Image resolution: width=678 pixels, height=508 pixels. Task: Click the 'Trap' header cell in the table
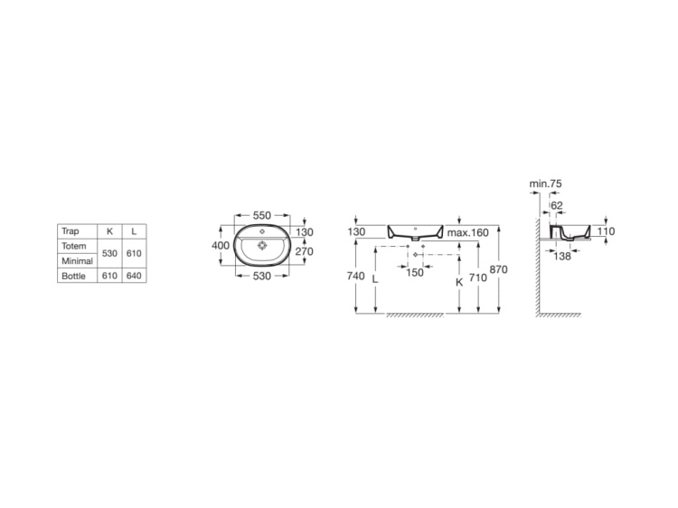tap(71, 231)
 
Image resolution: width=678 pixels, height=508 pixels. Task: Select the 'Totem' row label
tap(72, 246)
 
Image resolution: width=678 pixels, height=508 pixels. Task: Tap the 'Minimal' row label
tap(76, 261)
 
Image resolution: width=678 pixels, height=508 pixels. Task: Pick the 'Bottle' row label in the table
tap(73, 276)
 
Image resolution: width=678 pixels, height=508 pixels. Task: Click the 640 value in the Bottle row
tap(133, 276)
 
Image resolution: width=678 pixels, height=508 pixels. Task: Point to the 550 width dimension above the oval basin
tap(261, 215)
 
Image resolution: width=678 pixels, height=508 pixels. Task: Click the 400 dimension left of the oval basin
tap(220, 245)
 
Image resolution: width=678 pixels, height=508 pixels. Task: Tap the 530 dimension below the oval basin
tap(261, 275)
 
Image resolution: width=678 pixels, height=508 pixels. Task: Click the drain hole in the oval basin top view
tap(261, 243)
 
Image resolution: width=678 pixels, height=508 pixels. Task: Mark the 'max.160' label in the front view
tap(467, 233)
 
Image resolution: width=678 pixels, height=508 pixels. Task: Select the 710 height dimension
tap(478, 278)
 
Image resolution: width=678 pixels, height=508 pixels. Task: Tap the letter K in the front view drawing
tap(459, 281)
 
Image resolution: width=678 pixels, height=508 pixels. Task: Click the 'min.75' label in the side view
tap(546, 183)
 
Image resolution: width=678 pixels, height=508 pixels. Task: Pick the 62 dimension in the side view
tap(556, 205)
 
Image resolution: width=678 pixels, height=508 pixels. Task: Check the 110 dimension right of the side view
tap(606, 231)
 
